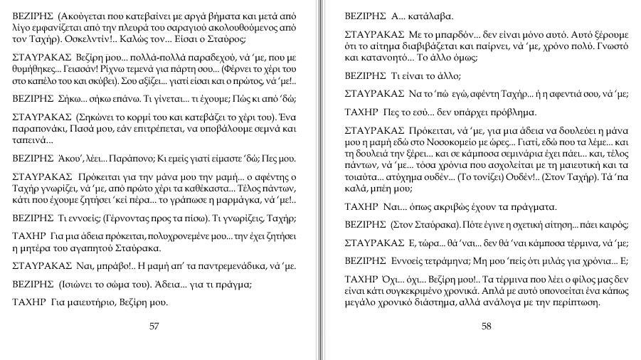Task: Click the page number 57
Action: pos(154,327)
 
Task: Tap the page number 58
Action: pos(487,327)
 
